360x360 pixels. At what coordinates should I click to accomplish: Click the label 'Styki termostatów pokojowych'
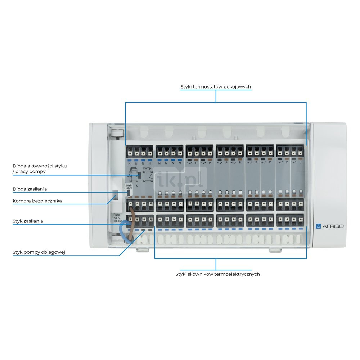(x=216, y=87)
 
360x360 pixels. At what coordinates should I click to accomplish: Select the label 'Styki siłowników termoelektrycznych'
(x=217, y=274)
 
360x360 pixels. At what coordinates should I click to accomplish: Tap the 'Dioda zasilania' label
(x=30, y=189)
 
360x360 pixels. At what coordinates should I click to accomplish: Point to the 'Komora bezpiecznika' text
(x=37, y=201)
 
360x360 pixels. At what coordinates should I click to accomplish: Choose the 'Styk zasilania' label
(x=28, y=221)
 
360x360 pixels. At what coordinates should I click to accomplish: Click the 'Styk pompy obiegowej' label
(x=39, y=252)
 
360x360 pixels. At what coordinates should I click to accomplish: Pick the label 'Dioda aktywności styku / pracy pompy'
(x=40, y=168)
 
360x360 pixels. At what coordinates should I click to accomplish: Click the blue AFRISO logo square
(x=318, y=226)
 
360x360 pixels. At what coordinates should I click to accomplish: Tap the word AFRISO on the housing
(x=332, y=226)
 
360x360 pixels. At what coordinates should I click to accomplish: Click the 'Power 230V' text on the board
(x=129, y=186)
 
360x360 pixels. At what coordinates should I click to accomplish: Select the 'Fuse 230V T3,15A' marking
(x=117, y=218)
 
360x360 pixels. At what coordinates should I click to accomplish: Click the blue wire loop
(x=124, y=230)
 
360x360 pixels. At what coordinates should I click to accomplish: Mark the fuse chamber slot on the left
(x=116, y=197)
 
